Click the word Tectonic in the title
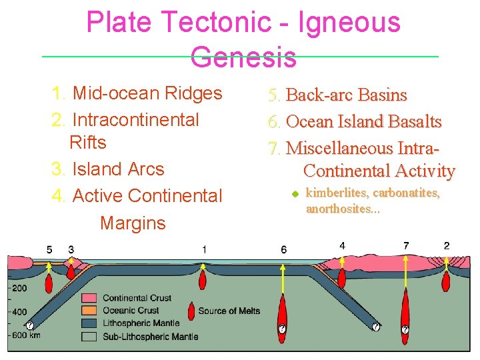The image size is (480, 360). pyautogui.click(x=220, y=23)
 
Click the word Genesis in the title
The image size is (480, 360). pyautogui.click(x=243, y=57)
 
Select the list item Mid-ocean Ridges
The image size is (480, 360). pyautogui.click(x=147, y=93)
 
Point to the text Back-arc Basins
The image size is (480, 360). pyautogui.click(x=346, y=95)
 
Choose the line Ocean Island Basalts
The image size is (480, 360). pyautogui.click(x=363, y=122)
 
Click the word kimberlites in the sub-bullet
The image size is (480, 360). pyautogui.click(x=337, y=194)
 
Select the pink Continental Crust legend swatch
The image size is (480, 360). pyautogui.click(x=89, y=298)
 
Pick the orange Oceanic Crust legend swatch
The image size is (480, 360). pyautogui.click(x=89, y=311)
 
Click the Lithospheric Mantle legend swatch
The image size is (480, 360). pyautogui.click(x=89, y=323)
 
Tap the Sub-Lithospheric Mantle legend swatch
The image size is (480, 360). pyautogui.click(x=89, y=336)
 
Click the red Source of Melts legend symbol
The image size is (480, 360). pyautogui.click(x=192, y=311)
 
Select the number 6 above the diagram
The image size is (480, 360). pyautogui.click(x=284, y=249)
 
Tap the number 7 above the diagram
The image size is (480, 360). pyautogui.click(x=406, y=245)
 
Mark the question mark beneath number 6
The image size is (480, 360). pyautogui.click(x=282, y=329)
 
